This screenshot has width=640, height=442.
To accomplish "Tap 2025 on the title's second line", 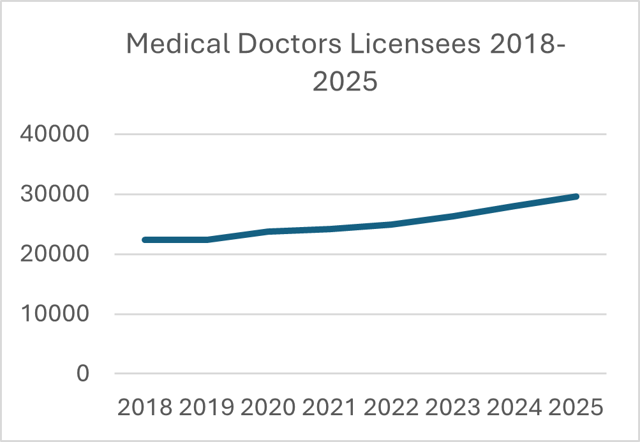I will pos(345,83).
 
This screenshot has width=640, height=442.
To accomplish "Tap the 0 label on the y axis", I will pos(83,374).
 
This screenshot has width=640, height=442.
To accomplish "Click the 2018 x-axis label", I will pos(145,407).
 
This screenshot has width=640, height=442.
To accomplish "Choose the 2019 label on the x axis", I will pos(207,407).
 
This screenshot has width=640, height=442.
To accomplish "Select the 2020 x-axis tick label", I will pos(269,407).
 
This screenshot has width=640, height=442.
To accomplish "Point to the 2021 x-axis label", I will pos(330,407).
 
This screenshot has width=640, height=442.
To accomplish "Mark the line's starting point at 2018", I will pos(145,240).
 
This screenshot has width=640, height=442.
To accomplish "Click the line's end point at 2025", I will pos(576,196).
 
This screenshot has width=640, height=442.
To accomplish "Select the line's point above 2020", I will pos(269,232).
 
